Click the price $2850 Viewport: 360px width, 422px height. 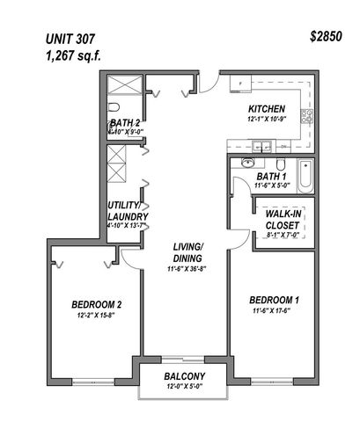(327, 38)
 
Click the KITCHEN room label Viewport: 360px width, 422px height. (266, 108)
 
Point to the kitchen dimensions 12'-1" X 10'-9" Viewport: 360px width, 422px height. (267, 120)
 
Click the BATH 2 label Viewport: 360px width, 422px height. (124, 124)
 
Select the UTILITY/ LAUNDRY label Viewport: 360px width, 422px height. (127, 211)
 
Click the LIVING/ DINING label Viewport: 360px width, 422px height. (188, 252)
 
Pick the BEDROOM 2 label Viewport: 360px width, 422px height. (96, 305)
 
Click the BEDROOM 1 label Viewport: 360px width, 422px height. (274, 300)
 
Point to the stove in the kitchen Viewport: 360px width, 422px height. (308, 117)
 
